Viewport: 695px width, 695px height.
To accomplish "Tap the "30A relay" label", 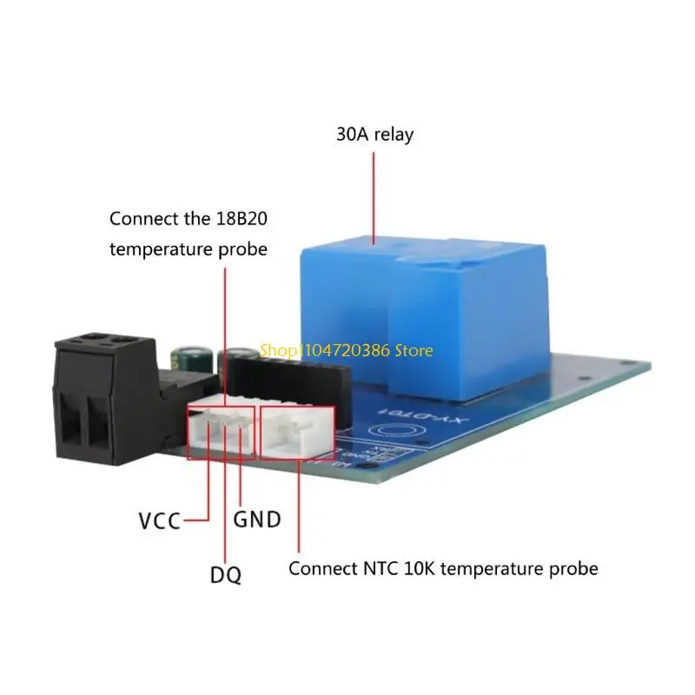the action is click(x=374, y=135).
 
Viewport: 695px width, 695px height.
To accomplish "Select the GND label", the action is click(x=257, y=520).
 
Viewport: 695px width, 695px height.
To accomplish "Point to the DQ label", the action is click(x=225, y=573).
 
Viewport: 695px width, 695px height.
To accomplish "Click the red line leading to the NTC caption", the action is click(x=299, y=513).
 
